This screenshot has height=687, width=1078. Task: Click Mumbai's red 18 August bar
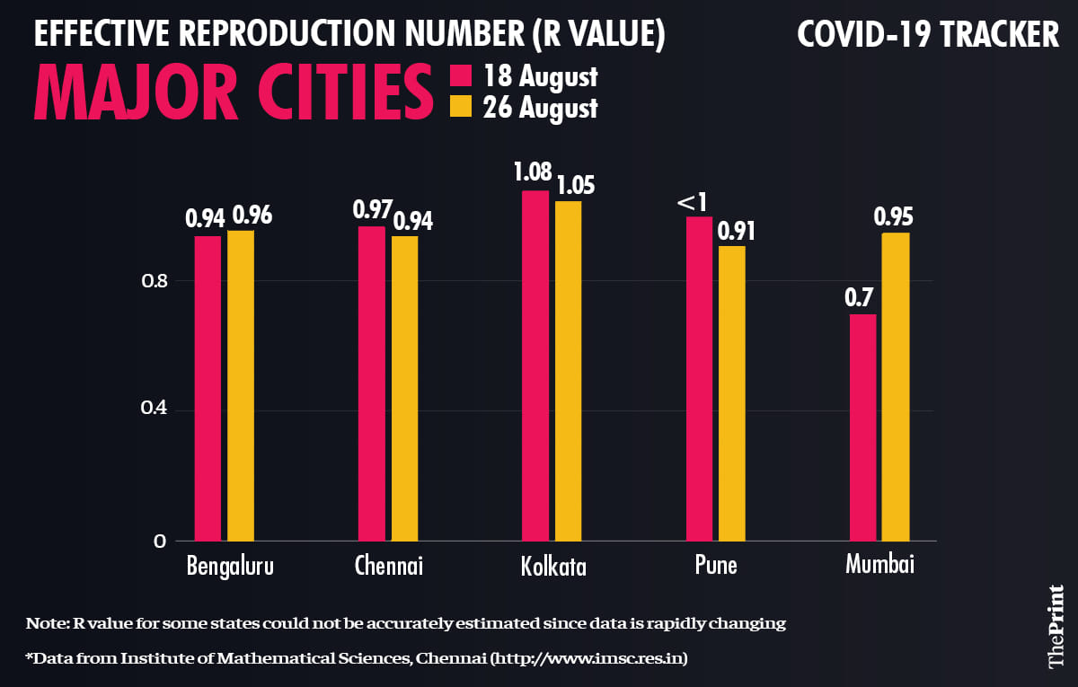(862, 427)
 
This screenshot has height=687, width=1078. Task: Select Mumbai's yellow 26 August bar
(896, 386)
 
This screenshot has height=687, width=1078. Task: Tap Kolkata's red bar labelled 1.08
(535, 366)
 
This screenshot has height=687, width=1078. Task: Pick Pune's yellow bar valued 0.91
(732, 393)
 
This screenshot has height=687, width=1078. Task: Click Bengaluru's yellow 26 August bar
(241, 386)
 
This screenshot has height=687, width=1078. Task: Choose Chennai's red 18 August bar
(372, 383)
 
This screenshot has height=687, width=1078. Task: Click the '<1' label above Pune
(694, 204)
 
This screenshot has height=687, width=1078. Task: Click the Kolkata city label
(552, 568)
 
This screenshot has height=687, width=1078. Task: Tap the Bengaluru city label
(230, 568)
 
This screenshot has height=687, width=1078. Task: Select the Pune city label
(715, 567)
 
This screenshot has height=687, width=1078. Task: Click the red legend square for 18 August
(460, 75)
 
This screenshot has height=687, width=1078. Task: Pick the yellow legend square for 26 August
(460, 108)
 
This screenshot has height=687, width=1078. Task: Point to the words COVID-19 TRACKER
(928, 36)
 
